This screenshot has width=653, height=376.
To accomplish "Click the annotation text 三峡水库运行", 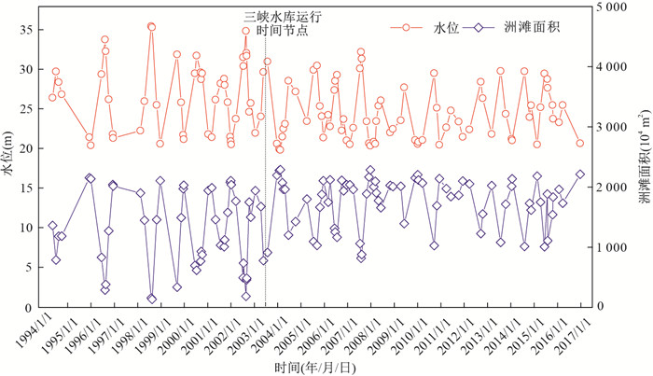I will [276, 15].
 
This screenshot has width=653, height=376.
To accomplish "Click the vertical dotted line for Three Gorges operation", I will [266, 187].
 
